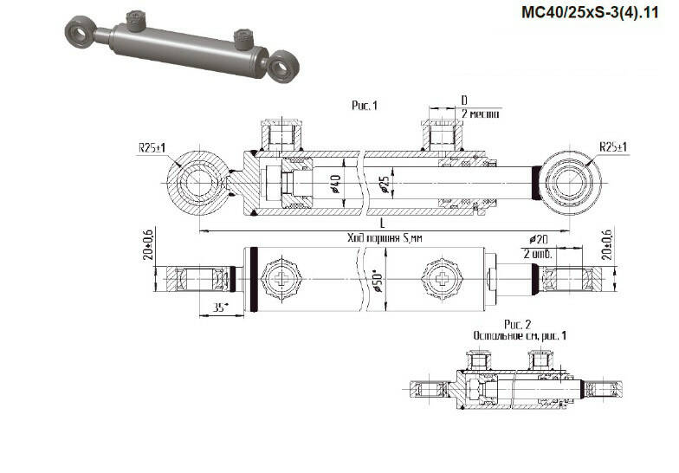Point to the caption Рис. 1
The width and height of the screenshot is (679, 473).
[x=365, y=106]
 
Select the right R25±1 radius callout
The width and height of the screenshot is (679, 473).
[x=612, y=147]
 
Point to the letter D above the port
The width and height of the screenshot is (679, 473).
[x=464, y=100]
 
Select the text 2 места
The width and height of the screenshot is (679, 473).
[x=479, y=113]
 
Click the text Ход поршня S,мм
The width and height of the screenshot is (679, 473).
[x=377, y=237]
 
